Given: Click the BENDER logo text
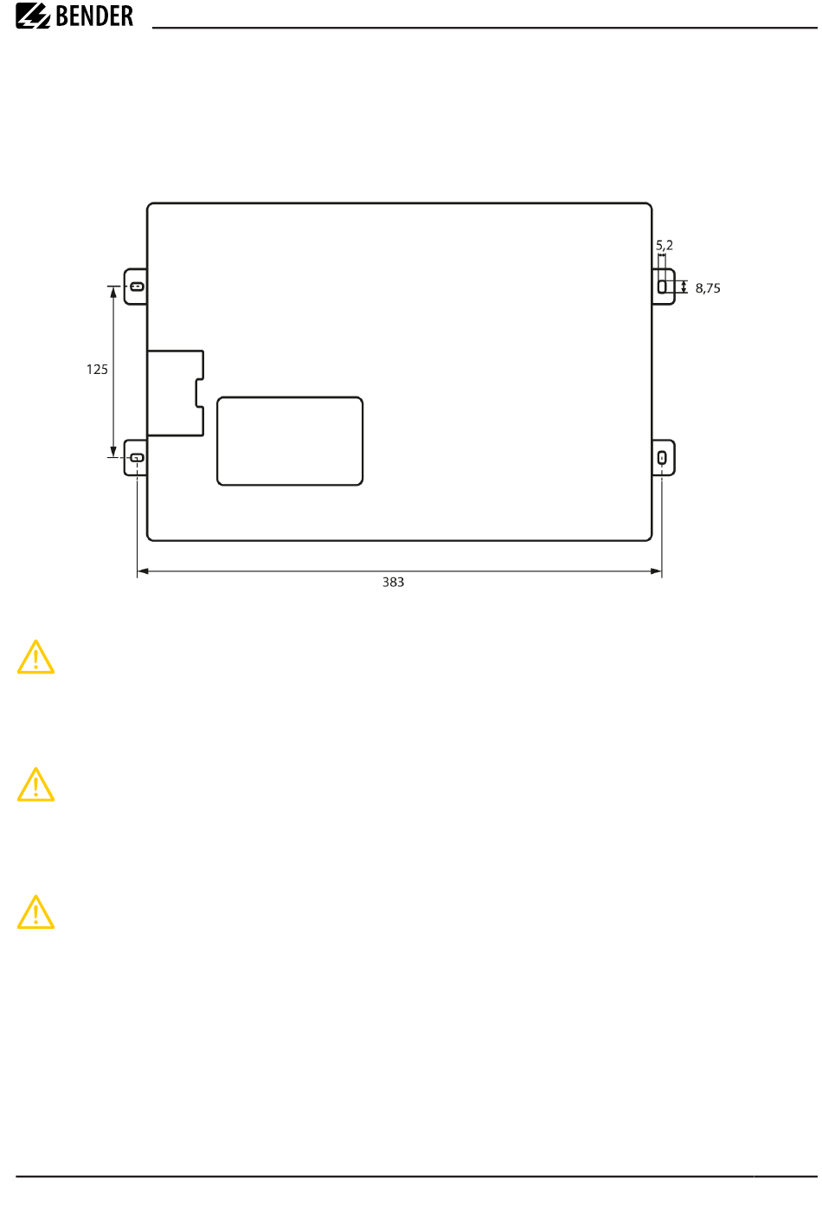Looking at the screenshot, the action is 94,16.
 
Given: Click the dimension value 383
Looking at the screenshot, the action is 394,583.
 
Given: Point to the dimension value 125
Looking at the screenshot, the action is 97,370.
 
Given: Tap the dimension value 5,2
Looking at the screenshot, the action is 665,246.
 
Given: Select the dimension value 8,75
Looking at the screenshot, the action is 708,288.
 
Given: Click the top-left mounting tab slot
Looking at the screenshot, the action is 137,287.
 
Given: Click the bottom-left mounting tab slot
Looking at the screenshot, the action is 137,458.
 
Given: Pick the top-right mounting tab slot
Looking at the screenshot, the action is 663,287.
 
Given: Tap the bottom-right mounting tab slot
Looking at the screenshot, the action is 663,458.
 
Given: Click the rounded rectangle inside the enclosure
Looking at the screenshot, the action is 290,441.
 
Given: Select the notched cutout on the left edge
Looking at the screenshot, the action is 176,393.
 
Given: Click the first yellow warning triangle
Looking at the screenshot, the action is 35,658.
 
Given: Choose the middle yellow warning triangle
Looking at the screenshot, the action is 35,785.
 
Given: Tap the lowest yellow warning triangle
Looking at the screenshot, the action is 35,912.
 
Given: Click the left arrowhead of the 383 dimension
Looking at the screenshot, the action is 143,571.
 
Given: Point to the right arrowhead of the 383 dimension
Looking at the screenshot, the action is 657,571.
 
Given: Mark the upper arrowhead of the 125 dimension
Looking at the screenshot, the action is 113,292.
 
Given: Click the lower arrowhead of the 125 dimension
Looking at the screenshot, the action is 113,452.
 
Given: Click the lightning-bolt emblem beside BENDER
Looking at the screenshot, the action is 33,16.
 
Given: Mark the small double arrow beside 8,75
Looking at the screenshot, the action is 684,287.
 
